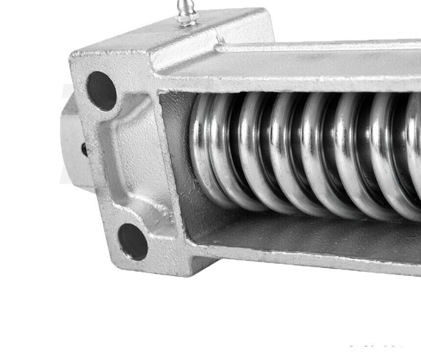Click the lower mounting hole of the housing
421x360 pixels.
(133, 241)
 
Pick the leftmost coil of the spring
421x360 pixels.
(203, 150)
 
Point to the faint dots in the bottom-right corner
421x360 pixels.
(377, 347)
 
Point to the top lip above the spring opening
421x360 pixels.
(295, 77)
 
